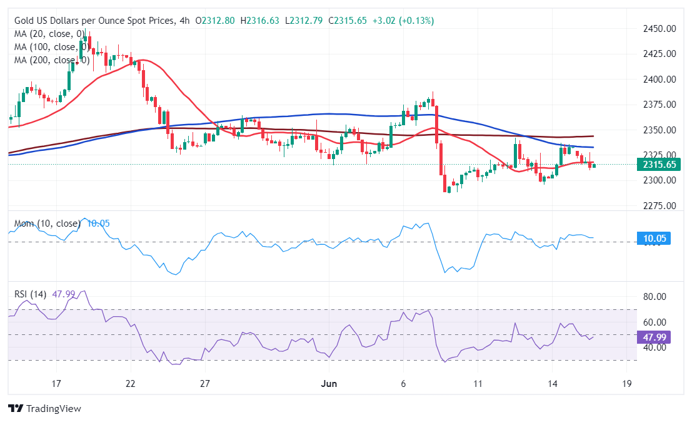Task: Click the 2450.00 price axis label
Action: click(659, 29)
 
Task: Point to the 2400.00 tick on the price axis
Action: click(659, 80)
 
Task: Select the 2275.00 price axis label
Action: click(659, 206)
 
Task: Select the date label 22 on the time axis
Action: click(130, 383)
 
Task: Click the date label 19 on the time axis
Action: click(626, 383)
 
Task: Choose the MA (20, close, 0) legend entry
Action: click(49, 34)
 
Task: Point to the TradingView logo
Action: click(45, 409)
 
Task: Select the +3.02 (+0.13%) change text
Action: click(403, 21)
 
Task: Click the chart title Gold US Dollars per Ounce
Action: click(94, 21)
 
